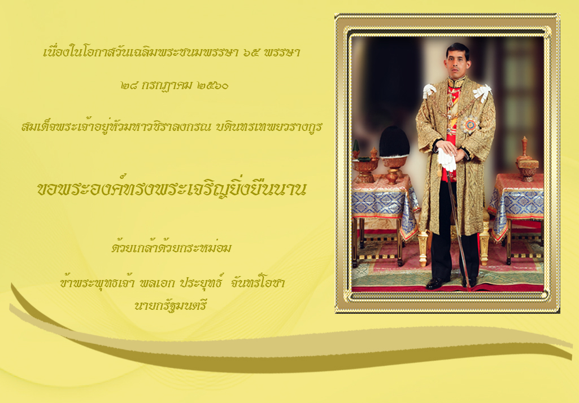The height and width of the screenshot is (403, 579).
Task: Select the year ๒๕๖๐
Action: click(x=213, y=86)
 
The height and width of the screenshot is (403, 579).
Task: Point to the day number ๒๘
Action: click(x=129, y=86)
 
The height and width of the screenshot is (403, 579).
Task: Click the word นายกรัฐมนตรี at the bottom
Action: click(x=171, y=305)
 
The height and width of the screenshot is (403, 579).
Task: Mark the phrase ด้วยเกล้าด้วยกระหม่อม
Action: click(x=171, y=247)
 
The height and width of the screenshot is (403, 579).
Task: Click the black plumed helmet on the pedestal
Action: click(x=394, y=142)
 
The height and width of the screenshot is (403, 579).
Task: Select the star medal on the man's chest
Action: click(x=470, y=125)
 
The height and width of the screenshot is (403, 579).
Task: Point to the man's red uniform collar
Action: click(x=457, y=81)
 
